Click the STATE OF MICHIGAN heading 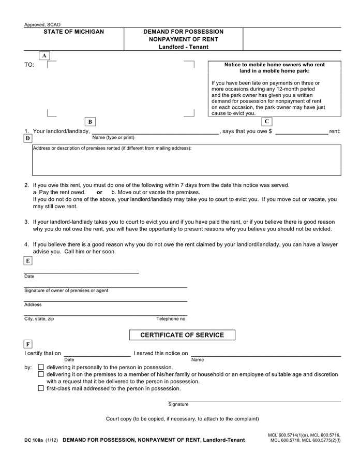point(73,32)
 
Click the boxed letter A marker point(44,55)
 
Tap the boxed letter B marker point(90,122)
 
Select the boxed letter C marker point(267,122)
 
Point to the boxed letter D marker point(28,138)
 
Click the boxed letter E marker point(28,261)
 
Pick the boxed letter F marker point(28,344)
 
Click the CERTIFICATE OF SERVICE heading point(183,335)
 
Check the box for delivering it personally point(41,367)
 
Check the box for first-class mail point(41,388)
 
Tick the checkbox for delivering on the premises point(41,374)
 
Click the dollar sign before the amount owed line point(270,132)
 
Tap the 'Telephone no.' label point(171,319)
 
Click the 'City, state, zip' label point(39,319)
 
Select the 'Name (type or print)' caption point(113,138)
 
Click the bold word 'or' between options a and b point(99,192)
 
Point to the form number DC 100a point(33,440)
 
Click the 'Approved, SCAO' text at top point(42,24)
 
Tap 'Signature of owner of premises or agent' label point(66,290)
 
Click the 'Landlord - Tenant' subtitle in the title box point(183,47)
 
